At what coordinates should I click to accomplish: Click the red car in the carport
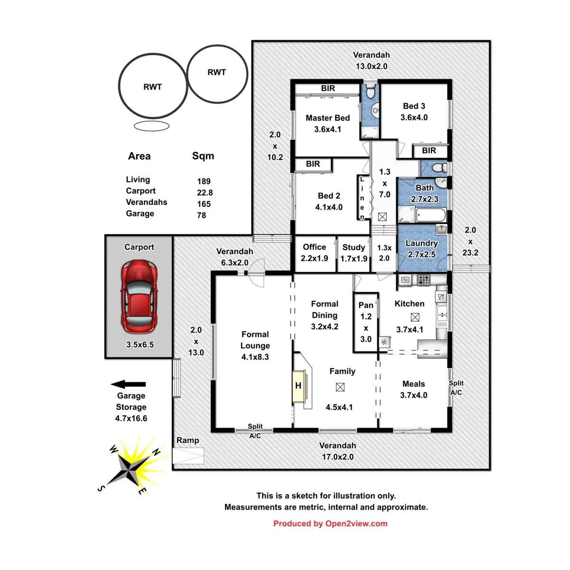point(139,297)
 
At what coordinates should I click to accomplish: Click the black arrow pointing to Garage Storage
point(128,384)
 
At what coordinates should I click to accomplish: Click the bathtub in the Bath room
point(430,215)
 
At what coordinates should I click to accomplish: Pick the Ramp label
point(188,440)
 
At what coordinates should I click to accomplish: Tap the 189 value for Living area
point(204,181)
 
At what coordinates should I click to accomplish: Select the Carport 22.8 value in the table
point(205,192)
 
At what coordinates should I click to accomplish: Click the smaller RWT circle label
point(217,72)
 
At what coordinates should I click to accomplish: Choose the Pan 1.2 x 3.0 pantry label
point(366,322)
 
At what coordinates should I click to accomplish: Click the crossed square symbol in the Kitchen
point(415,317)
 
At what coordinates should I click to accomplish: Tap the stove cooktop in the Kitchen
point(424,280)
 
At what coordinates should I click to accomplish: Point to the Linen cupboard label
point(362,198)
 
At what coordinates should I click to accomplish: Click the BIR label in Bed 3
point(429,151)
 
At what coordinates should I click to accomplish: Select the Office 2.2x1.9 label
point(314,253)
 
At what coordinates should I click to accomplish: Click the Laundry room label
point(421,243)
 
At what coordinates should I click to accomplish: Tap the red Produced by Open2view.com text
point(330,523)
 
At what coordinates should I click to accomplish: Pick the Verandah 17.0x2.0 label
point(338,451)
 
